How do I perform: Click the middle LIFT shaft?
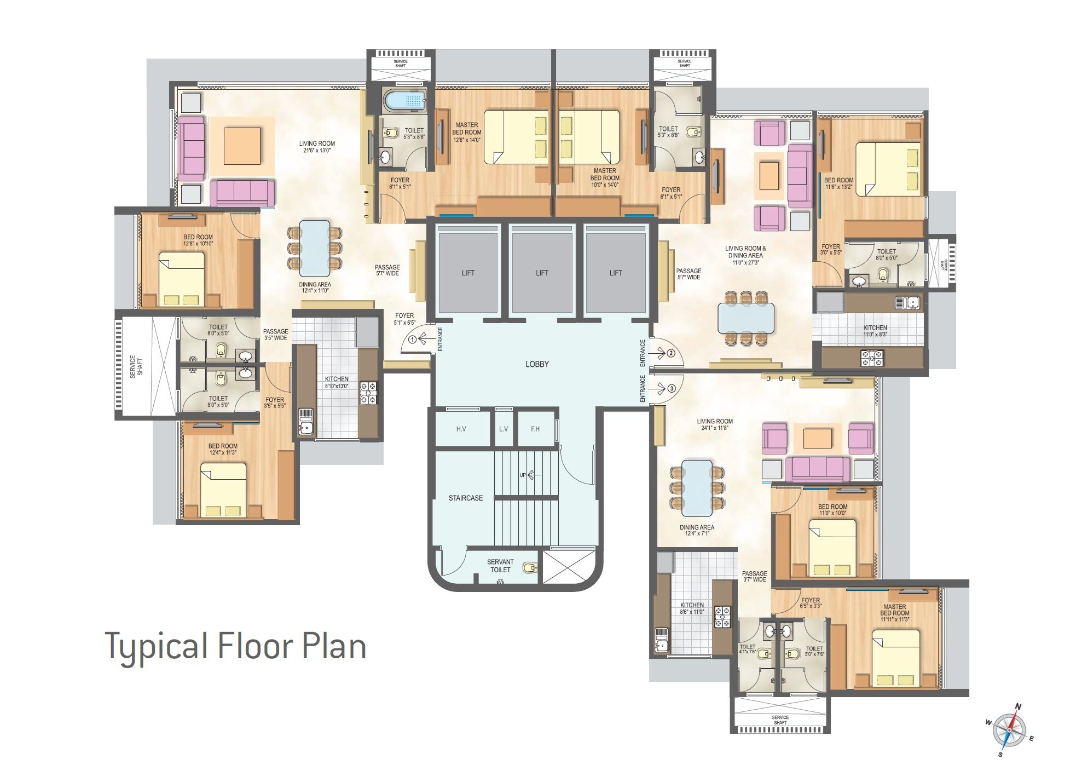(542, 273)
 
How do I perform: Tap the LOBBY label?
(537, 364)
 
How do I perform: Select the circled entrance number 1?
(413, 340)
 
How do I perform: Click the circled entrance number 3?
(672, 388)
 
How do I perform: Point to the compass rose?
(1010, 731)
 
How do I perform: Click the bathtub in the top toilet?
(405, 101)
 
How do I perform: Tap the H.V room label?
(461, 429)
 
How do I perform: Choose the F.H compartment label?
(535, 429)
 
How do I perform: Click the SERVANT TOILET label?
(500, 566)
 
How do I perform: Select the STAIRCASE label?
(466, 498)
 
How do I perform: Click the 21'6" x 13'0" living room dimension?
(317, 150)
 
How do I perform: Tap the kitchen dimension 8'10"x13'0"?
(337, 386)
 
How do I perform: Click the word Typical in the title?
(157, 647)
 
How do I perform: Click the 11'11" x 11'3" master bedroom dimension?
(895, 619)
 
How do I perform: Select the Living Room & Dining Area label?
(745, 252)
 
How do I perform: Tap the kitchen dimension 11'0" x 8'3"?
(875, 334)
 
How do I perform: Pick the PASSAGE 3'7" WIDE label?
(754, 577)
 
